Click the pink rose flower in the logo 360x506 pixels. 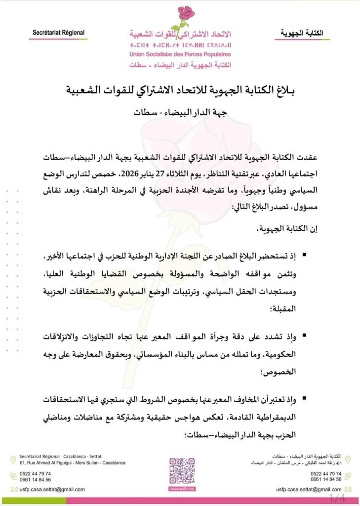[186, 13]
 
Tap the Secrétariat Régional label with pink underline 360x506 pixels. [59, 33]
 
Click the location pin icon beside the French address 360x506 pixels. [13, 460]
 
